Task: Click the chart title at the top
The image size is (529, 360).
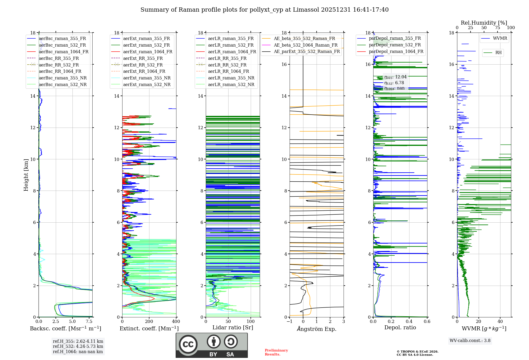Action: coord(264,10)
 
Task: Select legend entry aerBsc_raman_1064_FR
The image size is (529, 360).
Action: coord(63,52)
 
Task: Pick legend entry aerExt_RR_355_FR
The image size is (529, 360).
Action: coord(143,58)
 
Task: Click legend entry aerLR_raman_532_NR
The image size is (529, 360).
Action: coord(231,85)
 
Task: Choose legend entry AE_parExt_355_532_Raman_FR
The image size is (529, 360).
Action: coord(307,52)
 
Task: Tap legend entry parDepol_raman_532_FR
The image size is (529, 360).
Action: coord(395,45)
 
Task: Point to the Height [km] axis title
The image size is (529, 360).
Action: coord(26,175)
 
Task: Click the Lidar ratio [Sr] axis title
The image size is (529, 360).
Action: coord(233,327)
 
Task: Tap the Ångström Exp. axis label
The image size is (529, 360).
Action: coord(317,329)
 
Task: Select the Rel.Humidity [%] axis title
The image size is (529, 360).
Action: coord(484,23)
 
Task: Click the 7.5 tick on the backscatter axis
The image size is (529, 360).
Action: coord(89,322)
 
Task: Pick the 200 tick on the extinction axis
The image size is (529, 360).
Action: coord(149,322)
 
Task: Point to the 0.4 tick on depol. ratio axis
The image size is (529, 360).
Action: coord(409,322)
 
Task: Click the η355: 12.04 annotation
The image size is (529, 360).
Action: coord(395,77)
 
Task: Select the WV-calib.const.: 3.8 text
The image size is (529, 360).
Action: coord(470,341)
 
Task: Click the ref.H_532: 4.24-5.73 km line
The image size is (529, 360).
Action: coord(78,346)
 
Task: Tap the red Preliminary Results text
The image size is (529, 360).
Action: coord(276,352)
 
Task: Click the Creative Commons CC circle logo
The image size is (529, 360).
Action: coord(188,344)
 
